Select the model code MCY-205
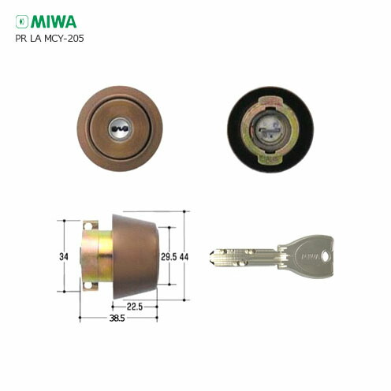coord(67,38)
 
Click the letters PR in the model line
coord(21,38)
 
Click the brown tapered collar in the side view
coord(134,254)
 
